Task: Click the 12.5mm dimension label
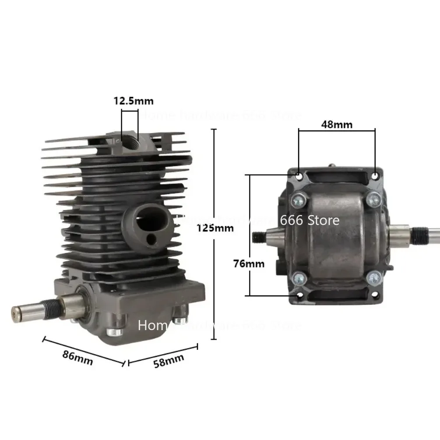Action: (134, 101)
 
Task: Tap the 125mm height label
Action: (215, 228)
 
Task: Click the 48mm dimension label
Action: (337, 124)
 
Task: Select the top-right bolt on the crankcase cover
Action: (373, 200)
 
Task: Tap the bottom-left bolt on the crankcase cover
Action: (299, 277)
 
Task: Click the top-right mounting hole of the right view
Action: (375, 175)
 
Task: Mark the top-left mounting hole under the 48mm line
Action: (299, 176)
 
